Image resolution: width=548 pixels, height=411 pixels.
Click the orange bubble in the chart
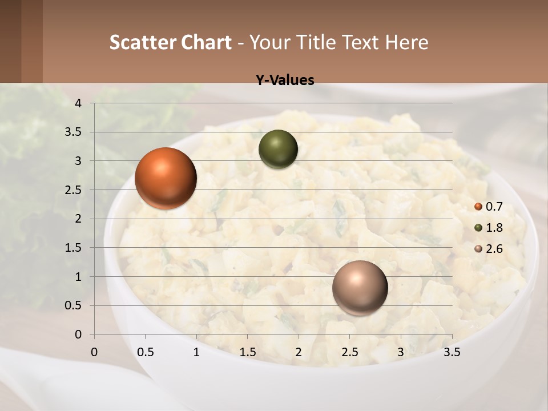166,178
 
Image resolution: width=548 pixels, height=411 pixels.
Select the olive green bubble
278,150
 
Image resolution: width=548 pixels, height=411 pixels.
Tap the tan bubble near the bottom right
360,288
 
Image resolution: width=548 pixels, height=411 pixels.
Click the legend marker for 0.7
478,207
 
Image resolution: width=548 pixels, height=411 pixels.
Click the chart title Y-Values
284,80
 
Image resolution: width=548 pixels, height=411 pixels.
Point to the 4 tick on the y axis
79,103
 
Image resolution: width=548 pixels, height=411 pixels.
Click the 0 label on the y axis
79,335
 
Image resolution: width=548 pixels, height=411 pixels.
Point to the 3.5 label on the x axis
452,352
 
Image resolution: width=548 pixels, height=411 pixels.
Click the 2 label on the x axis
299,352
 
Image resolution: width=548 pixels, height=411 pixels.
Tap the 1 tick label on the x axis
196,352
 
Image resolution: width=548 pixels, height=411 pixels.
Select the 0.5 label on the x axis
145,352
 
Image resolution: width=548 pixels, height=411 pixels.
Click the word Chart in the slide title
206,42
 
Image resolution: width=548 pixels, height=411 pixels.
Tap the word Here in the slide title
406,42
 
